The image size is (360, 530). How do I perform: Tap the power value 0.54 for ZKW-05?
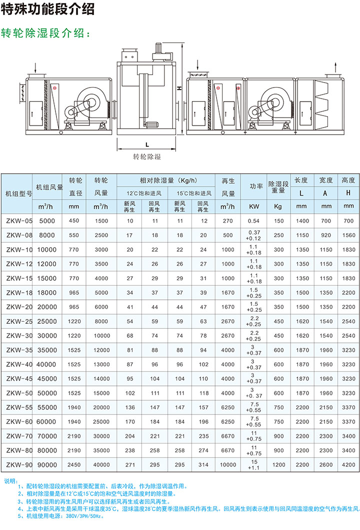pyautogui.click(x=253, y=221)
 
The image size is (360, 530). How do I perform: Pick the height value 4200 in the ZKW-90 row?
pyautogui.click(x=348, y=465)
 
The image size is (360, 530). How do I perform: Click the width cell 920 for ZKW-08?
pyautogui.click(x=326, y=235)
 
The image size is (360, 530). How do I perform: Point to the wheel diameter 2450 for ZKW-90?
pyautogui.click(x=74, y=465)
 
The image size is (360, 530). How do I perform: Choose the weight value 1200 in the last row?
pyautogui.click(x=278, y=465)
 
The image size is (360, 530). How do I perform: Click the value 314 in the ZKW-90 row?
pyautogui.click(x=203, y=465)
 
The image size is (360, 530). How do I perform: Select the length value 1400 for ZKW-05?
pyautogui.click(x=302, y=221)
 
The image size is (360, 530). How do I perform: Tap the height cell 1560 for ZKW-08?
pyautogui.click(x=348, y=235)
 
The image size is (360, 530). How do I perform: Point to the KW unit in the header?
pyautogui.click(x=253, y=206)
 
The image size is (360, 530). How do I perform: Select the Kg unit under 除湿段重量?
pyautogui.click(x=278, y=206)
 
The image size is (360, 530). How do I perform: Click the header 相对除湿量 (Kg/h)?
pyautogui.click(x=165, y=180)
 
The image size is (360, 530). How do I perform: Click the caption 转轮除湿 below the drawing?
pyautogui.click(x=147, y=156)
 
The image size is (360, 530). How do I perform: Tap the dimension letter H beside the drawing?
pyautogui.click(x=178, y=88)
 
